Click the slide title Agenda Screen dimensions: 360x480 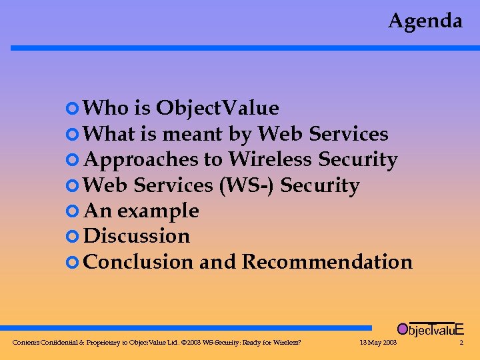coord(425,21)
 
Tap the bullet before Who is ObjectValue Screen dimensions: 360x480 coord(73,108)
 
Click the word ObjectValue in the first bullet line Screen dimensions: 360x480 coord(217,108)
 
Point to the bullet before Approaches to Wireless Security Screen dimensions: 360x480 coord(73,160)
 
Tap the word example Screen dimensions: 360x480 coord(158,211)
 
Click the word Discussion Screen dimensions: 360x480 coord(137,236)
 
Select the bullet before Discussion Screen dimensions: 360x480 coord(73,237)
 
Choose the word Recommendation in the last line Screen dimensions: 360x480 coord(327,262)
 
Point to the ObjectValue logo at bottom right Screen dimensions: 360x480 coord(430,329)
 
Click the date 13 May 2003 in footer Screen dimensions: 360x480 coord(377,343)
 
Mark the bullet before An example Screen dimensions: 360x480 coord(73,211)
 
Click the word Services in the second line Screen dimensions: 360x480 coord(349,134)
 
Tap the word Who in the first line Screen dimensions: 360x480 coord(102,108)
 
